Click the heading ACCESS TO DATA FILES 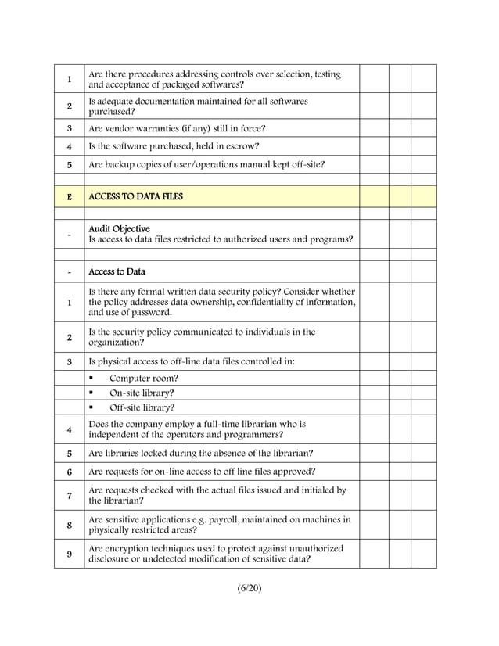pos(135,196)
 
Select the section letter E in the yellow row pos(70,197)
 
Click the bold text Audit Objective pos(119,228)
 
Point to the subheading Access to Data pos(117,272)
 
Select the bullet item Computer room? pos(143,378)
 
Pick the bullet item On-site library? pos(142,393)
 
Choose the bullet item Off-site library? pos(142,407)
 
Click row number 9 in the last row pos(70,554)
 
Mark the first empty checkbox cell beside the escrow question pos(374,146)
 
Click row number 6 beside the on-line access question pos(70,472)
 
